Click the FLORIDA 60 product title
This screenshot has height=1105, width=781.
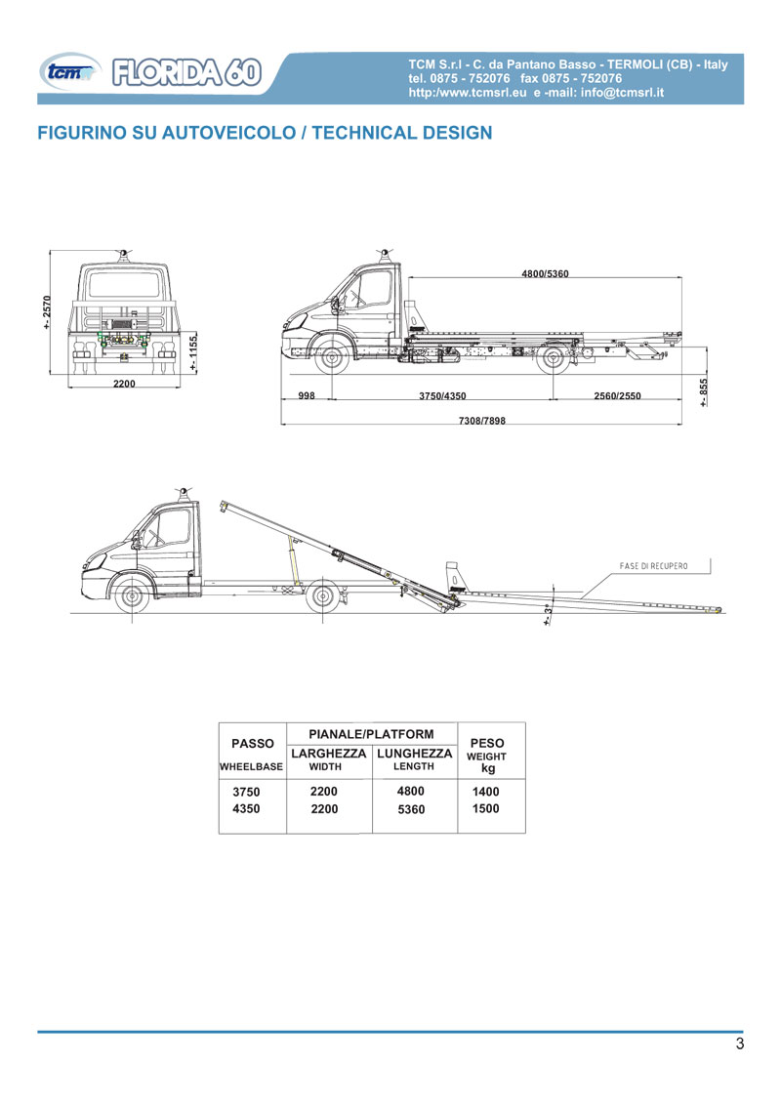pos(186,72)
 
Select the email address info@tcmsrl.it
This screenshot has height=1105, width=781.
pos(623,93)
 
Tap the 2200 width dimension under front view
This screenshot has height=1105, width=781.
pos(124,384)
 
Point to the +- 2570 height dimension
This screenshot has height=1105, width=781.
pos(47,312)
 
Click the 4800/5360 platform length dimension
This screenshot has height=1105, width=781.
pos(545,273)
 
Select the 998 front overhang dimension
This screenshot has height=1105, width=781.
pos(307,395)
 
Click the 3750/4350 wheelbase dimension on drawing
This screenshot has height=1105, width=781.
pos(442,396)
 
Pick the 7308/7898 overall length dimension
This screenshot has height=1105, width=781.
pos(482,421)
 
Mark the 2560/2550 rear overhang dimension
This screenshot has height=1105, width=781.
pos(617,396)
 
